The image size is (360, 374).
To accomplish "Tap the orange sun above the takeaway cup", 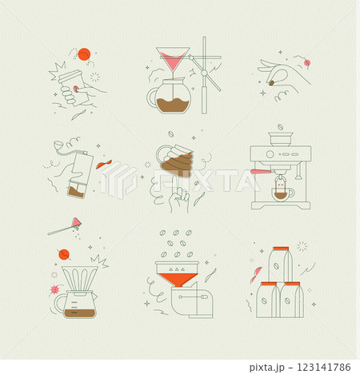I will point(81,54).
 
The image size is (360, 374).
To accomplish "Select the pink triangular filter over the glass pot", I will point(173,61).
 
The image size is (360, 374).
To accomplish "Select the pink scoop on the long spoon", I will point(78,221).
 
